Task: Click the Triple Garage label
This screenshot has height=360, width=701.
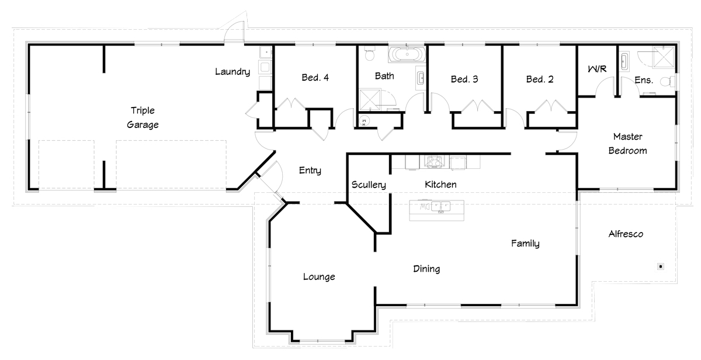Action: pos(143,117)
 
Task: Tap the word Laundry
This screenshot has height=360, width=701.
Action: pos(232,72)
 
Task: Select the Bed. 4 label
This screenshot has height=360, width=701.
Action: pos(315,77)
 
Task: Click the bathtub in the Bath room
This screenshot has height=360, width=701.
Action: pos(407,54)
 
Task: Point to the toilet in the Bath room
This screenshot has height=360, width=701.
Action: pos(370,54)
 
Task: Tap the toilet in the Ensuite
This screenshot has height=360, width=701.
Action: pos(667,82)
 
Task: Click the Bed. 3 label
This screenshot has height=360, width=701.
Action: pos(464,79)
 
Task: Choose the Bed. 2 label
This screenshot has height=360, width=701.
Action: pos(540,79)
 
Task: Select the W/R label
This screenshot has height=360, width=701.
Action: pos(597,68)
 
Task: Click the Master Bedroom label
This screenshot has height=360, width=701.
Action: pos(627,144)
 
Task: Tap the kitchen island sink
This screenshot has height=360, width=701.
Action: pos(441,207)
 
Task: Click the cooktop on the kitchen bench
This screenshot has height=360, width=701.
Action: pos(434,161)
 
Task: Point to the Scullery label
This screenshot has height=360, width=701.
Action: pos(369,185)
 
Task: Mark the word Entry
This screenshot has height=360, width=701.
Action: pos(310,170)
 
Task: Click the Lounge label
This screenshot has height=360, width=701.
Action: pos(319,277)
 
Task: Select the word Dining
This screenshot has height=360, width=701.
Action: pos(426,269)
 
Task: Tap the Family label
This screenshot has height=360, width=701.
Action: pos(525,243)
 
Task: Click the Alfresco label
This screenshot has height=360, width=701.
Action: pos(626,234)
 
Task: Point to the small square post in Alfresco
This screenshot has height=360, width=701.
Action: pos(661,266)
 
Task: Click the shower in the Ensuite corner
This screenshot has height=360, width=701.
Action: pos(663,57)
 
